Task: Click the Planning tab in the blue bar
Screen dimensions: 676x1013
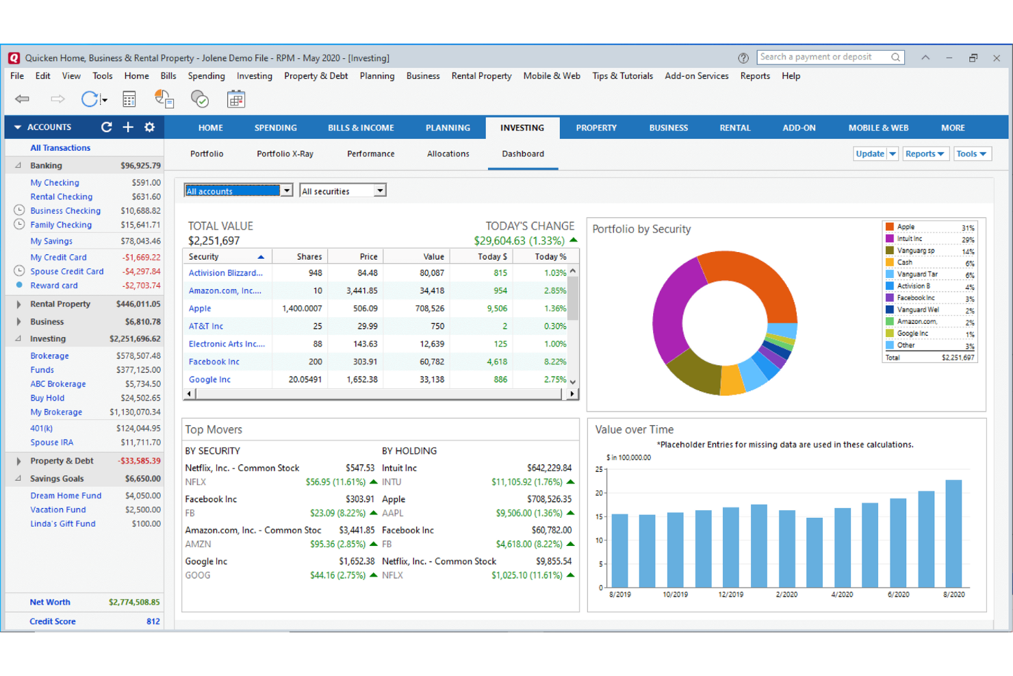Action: point(448,127)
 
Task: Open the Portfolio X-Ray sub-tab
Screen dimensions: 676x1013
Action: point(285,154)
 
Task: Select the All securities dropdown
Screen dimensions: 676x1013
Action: point(342,191)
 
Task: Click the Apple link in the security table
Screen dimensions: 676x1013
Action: point(200,309)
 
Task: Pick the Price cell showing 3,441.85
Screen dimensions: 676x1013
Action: point(361,291)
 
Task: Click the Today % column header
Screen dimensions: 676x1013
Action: point(550,257)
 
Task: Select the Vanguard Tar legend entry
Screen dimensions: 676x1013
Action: point(916,275)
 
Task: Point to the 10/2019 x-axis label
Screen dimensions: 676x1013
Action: point(675,594)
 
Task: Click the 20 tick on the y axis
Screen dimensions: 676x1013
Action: point(600,493)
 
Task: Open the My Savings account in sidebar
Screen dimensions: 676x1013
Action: point(51,241)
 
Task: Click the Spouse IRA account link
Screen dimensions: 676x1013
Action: point(51,442)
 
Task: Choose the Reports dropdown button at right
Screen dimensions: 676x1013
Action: point(924,154)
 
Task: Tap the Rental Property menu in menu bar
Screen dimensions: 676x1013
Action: point(481,76)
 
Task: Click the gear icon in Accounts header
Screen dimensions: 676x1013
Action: point(149,127)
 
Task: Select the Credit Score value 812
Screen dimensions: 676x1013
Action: point(153,622)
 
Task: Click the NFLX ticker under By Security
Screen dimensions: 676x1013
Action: point(196,482)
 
